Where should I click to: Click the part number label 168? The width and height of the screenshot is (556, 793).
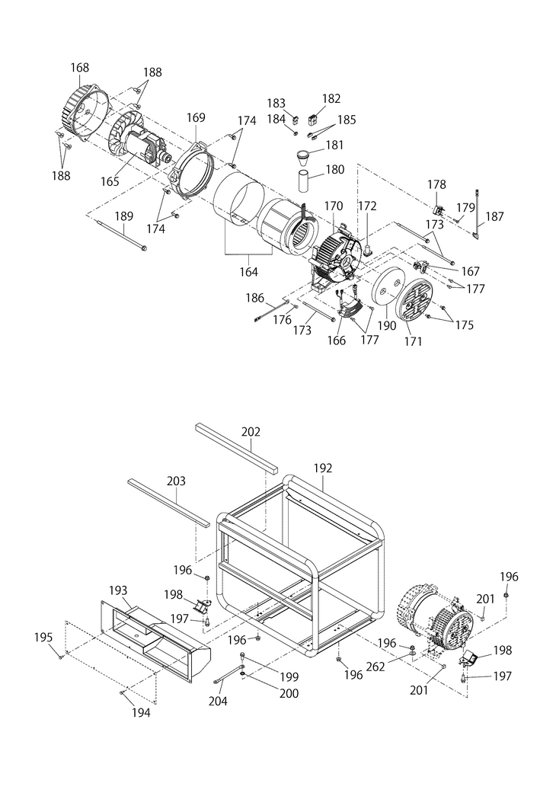click(80, 67)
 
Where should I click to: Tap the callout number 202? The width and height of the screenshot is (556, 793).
click(251, 431)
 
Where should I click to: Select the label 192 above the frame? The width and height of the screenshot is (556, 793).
click(322, 468)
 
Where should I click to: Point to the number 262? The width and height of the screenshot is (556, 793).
click(375, 667)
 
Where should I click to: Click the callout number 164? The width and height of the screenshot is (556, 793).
click(249, 272)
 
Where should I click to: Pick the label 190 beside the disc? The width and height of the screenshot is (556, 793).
click(387, 325)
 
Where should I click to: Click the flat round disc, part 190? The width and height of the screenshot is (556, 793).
click(385, 290)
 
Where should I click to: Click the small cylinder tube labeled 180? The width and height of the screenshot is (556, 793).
click(305, 181)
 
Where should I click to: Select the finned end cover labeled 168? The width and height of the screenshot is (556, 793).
click(88, 112)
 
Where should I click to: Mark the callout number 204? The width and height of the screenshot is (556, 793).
click(218, 701)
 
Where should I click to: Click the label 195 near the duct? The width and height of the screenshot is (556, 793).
click(43, 638)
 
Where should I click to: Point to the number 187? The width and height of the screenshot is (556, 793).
click(494, 216)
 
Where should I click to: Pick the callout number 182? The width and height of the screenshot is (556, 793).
click(331, 98)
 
